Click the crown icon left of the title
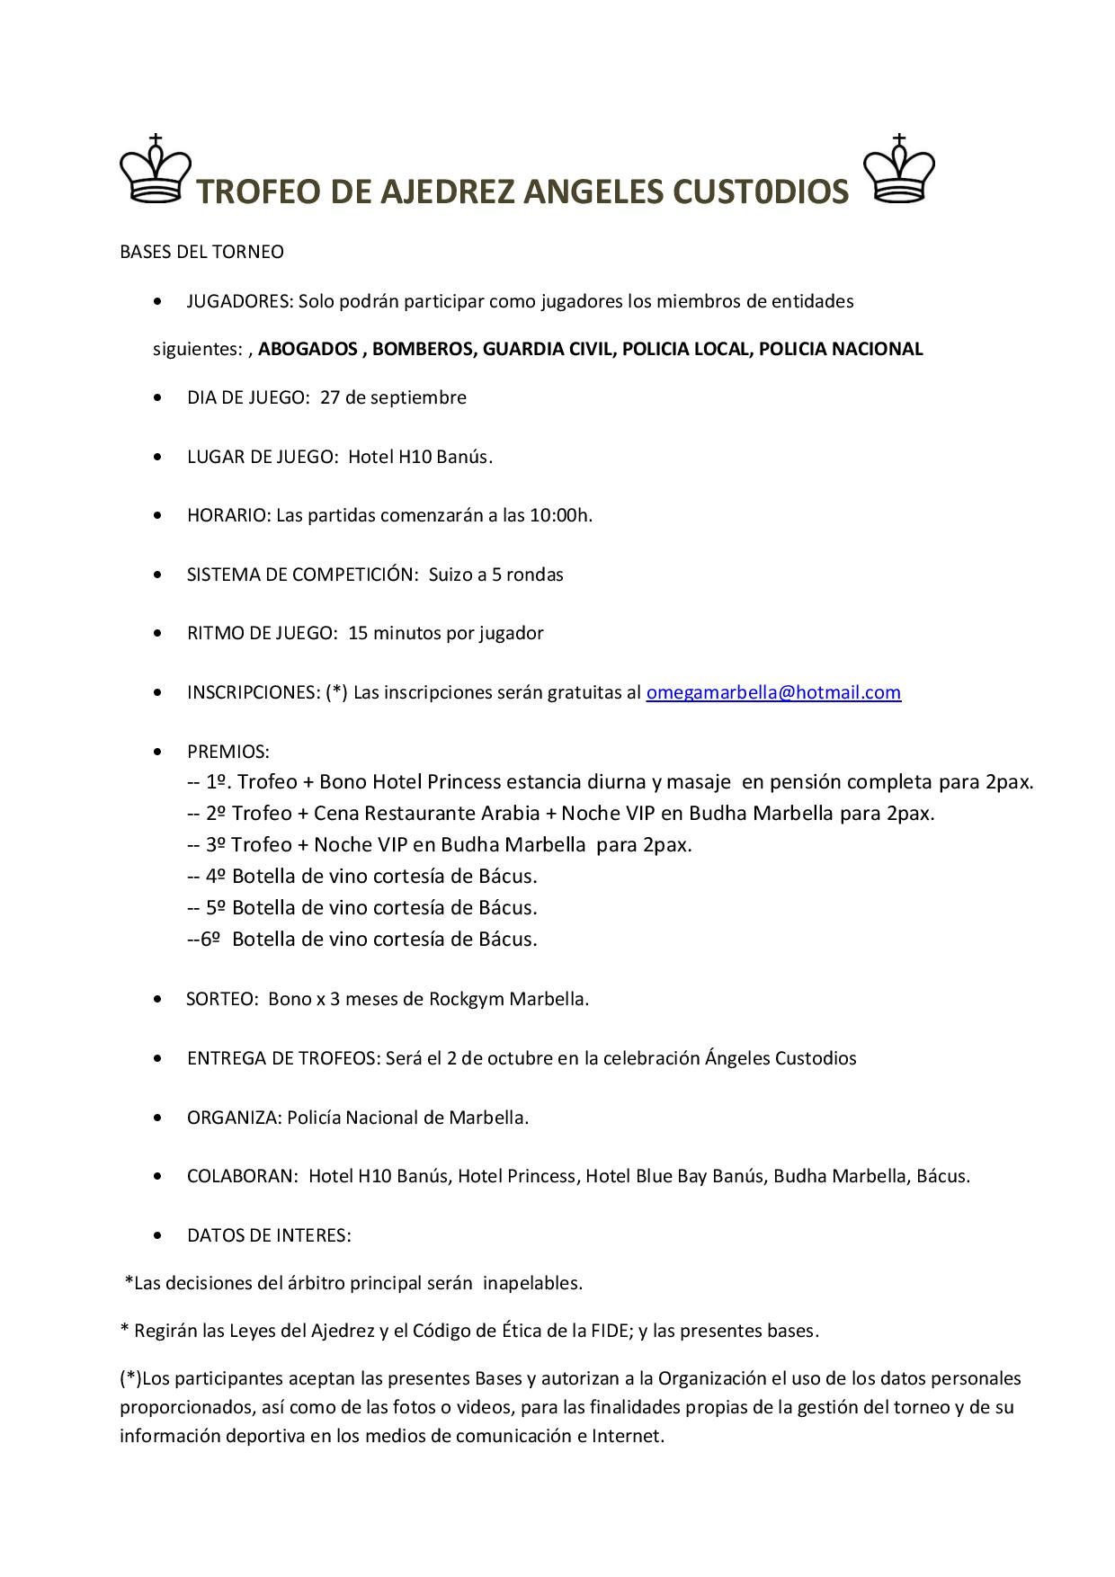coord(156,170)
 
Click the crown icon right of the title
coord(898,170)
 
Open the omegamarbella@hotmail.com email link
coord(773,692)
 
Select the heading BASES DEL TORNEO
coord(201,252)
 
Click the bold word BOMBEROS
coord(422,349)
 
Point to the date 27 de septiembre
coord(393,397)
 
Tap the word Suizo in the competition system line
coord(450,575)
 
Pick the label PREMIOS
coord(227,752)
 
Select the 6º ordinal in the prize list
coord(210,940)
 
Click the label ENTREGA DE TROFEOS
coord(282,1058)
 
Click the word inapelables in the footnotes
coord(532,1283)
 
